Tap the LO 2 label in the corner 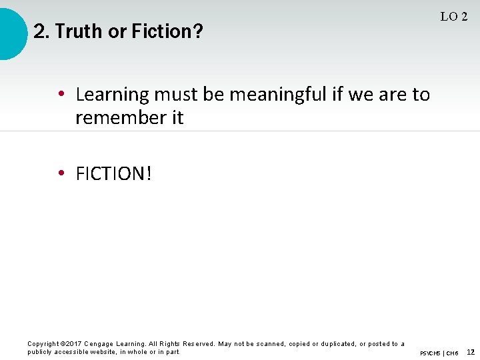click(x=453, y=17)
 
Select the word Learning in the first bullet click(x=113, y=95)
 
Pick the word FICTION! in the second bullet click(x=114, y=174)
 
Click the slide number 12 click(x=471, y=351)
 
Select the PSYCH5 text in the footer click(x=430, y=353)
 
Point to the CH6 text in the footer click(x=452, y=353)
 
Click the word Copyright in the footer click(x=43, y=344)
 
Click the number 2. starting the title click(x=40, y=31)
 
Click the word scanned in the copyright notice click(x=269, y=344)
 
